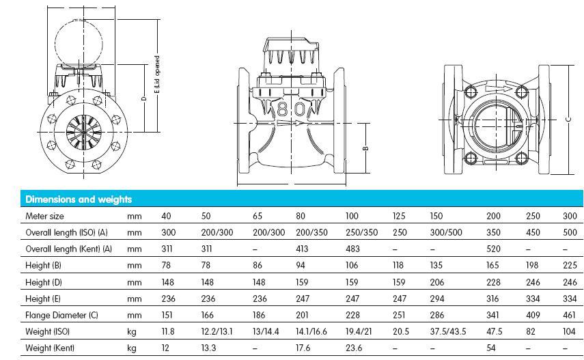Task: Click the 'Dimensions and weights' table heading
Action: coord(79,199)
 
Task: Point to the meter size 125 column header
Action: coord(399,216)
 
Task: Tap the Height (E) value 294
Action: coord(436,299)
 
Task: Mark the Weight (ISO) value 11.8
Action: coord(168,332)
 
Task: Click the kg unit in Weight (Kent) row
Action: coord(134,348)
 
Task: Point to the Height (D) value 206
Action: coord(436,282)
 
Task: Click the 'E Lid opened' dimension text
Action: coord(157,76)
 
